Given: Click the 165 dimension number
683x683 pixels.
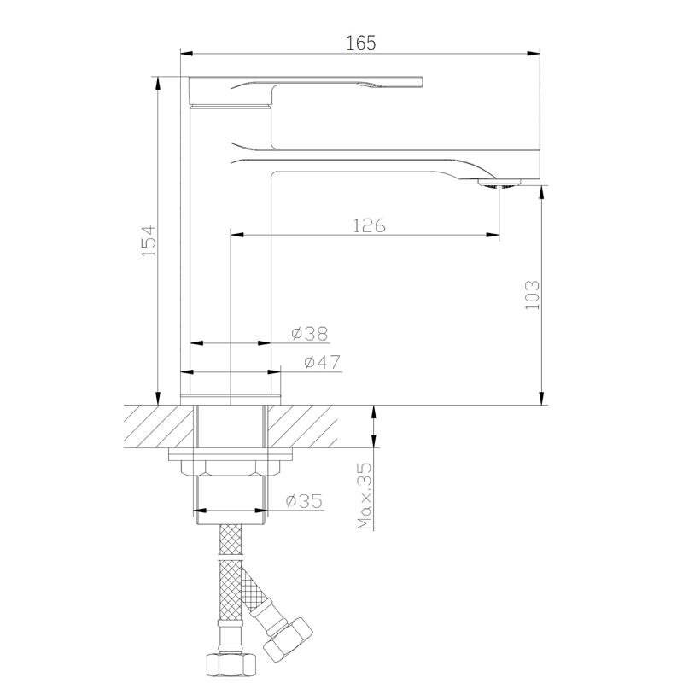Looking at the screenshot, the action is click(x=360, y=43).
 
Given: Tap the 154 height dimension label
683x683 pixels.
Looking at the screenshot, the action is click(x=149, y=241).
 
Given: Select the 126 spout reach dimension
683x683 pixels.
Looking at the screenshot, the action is click(x=369, y=225).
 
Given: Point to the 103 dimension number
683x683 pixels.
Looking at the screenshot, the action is click(x=532, y=295).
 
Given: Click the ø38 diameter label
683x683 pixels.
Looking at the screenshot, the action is click(x=310, y=334).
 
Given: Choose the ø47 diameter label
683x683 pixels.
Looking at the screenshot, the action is click(x=322, y=362).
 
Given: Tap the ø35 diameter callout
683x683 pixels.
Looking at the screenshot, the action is click(x=305, y=501).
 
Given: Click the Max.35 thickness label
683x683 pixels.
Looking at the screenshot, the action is click(x=365, y=496).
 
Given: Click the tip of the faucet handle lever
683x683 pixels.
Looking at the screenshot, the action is click(x=421, y=82).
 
